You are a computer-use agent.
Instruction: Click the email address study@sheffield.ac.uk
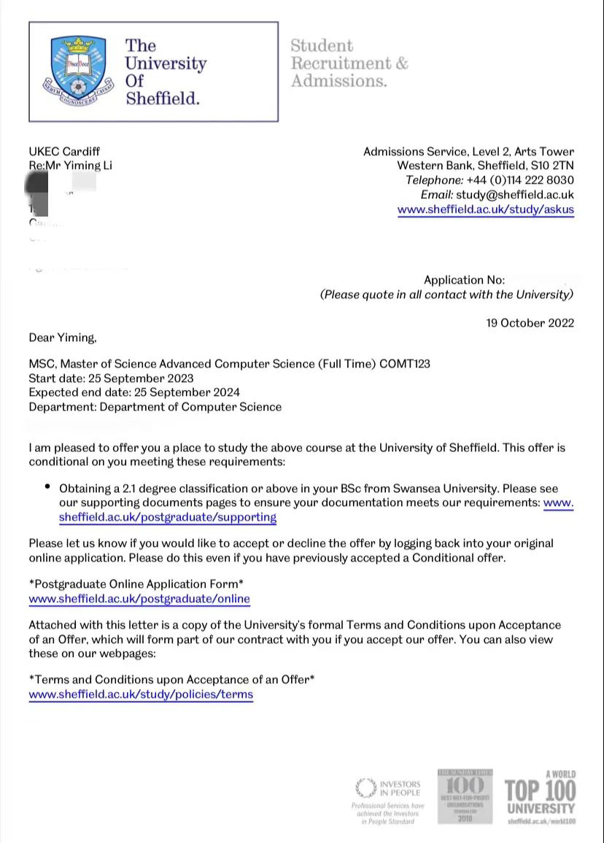click(515, 195)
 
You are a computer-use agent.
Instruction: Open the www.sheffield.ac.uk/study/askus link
click(485, 210)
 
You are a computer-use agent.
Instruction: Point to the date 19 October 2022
click(530, 323)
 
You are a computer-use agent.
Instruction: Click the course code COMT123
click(405, 363)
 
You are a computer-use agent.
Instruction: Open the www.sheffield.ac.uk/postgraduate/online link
click(139, 599)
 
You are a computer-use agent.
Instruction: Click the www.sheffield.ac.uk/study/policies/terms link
click(141, 694)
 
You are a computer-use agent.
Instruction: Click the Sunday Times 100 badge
click(465, 796)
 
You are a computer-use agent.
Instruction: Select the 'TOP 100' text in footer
click(540, 790)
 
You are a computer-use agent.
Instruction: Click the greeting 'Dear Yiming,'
click(63, 338)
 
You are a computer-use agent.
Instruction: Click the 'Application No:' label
click(464, 280)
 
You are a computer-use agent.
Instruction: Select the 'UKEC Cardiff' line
click(64, 152)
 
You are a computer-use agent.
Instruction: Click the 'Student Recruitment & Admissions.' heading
click(349, 63)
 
